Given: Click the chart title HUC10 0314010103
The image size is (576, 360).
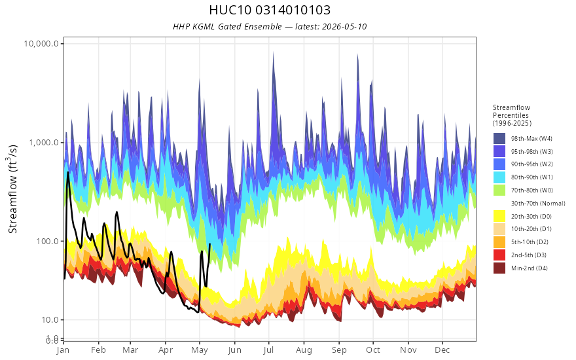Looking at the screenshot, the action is pyautogui.click(x=270, y=10).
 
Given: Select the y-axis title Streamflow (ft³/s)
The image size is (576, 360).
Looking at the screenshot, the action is pyautogui.click(x=13, y=189).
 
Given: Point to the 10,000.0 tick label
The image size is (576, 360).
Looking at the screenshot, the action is pyautogui.click(x=41, y=44).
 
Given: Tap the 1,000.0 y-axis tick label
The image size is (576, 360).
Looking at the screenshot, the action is pyautogui.click(x=44, y=142).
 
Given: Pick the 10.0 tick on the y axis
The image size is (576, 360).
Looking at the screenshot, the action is pyautogui.click(x=50, y=319).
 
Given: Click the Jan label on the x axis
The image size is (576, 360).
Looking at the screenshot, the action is pyautogui.click(x=63, y=350).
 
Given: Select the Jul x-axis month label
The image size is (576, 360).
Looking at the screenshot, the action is pyautogui.click(x=268, y=350).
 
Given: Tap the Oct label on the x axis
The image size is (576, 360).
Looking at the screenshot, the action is pyautogui.click(x=373, y=350).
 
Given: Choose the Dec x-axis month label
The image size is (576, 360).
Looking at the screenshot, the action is pyautogui.click(x=442, y=350).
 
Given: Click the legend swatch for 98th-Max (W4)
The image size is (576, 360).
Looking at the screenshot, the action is pyautogui.click(x=499, y=139).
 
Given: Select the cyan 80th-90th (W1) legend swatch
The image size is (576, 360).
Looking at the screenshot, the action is pyautogui.click(x=499, y=177).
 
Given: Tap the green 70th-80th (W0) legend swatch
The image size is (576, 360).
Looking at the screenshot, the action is pyautogui.click(x=499, y=190).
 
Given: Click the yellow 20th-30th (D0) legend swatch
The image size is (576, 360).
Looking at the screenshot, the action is pyautogui.click(x=499, y=216).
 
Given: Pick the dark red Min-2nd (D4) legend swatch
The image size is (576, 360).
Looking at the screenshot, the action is pyautogui.click(x=499, y=268).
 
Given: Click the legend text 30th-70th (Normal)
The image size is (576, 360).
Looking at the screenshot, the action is pyautogui.click(x=538, y=203).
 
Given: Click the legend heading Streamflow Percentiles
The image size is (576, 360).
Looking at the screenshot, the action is pyautogui.click(x=512, y=111).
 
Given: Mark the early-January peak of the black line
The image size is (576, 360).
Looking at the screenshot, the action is pyautogui.click(x=68, y=172).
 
